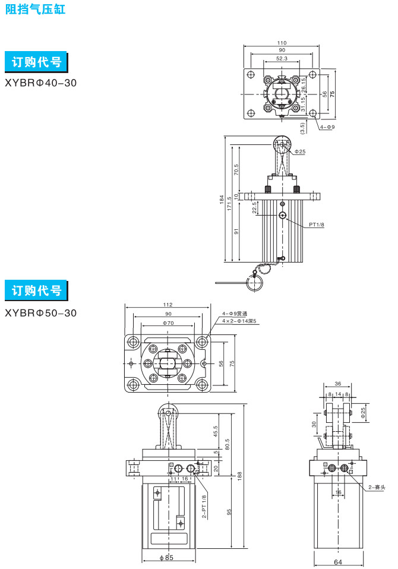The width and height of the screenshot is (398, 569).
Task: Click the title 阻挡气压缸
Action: pos(35,10)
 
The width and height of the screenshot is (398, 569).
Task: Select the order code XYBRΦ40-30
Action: pos(40,83)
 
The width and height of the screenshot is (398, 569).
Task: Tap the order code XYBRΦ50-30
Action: pos(40,312)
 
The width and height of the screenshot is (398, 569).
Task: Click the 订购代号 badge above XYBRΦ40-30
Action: pos(36,61)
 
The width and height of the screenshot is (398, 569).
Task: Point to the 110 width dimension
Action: pos(282,43)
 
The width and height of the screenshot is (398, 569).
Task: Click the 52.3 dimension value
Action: pos(282,59)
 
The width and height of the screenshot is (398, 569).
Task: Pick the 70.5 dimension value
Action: pos(236,169)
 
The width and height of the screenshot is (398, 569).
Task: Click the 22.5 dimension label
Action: pos(254,208)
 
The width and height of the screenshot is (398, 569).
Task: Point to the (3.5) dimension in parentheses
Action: pos(303,127)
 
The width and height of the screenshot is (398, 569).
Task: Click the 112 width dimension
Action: pos(168,306)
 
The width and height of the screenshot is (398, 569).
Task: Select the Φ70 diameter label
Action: pos(168,323)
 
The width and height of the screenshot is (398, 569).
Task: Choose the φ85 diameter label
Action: pos(167,557)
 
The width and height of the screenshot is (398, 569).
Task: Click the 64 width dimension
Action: pos(338,561)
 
